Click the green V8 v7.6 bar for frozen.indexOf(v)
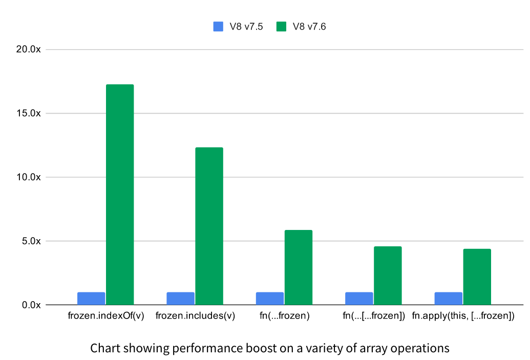[x=120, y=195]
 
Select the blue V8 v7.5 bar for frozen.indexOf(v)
[x=91, y=299]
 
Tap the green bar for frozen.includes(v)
[x=209, y=226]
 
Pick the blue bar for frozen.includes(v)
[x=180, y=299]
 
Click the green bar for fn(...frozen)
[x=299, y=267]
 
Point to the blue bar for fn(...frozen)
[x=270, y=299]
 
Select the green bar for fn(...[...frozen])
[x=388, y=276]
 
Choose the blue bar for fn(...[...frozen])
[x=359, y=299]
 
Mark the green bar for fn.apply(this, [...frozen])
[x=477, y=277]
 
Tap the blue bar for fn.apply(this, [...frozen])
[x=448, y=299]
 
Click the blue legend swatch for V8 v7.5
[x=219, y=27]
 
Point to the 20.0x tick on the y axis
[x=29, y=50]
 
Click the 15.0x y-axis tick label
[x=29, y=113]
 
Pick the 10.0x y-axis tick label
[x=29, y=177]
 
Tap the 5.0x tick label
[x=31, y=241]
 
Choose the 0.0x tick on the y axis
[x=31, y=305]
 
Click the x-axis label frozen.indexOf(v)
[x=106, y=316]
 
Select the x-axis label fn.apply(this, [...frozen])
[x=463, y=316]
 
